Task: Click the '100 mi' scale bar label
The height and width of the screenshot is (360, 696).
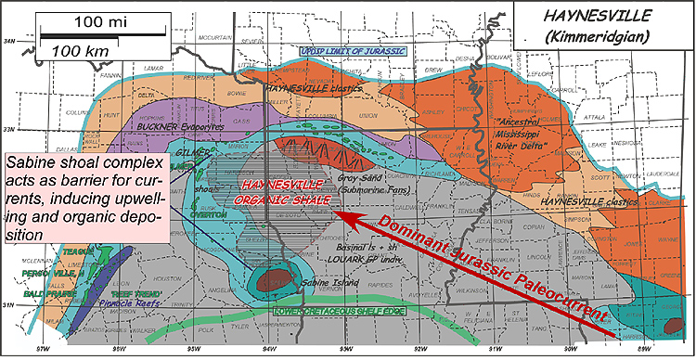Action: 103,19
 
